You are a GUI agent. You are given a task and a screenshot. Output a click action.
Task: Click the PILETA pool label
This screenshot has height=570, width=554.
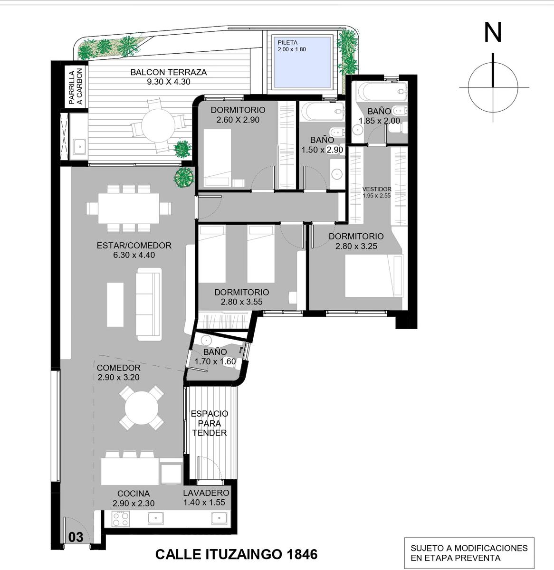click(x=287, y=43)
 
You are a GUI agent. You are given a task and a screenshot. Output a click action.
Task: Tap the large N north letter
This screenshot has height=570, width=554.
click(x=493, y=32)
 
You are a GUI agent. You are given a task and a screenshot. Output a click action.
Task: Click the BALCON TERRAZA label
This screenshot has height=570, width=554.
click(x=169, y=72)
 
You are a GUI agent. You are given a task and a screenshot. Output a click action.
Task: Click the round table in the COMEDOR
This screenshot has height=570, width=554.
click(x=142, y=408)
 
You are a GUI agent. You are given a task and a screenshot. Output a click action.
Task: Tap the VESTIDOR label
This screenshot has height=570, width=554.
click(x=377, y=189)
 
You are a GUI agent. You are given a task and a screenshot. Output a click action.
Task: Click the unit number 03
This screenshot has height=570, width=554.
click(x=76, y=537)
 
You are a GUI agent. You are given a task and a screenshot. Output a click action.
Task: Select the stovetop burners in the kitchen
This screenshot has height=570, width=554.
click(x=121, y=519)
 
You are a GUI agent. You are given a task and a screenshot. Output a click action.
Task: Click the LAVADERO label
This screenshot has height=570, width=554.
click(x=206, y=493)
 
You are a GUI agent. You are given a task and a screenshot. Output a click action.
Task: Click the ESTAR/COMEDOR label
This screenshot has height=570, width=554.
click(x=134, y=245)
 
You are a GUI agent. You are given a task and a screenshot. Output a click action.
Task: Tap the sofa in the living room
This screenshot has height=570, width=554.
click(x=149, y=304)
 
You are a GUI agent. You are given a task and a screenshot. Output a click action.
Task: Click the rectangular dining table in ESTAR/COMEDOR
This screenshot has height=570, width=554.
click(x=129, y=208)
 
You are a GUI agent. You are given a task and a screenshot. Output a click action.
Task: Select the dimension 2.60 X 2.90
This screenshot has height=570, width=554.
click(x=238, y=120)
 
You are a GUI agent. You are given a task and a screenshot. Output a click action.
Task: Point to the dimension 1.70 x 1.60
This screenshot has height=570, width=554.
click(x=215, y=361)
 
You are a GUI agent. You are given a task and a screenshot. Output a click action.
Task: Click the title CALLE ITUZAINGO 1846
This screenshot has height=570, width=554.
click(x=237, y=554)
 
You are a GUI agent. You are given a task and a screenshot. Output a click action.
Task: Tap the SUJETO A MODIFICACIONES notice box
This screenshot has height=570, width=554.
click(x=469, y=553)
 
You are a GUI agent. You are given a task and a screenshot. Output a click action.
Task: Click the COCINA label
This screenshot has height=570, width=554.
click(x=134, y=494)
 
